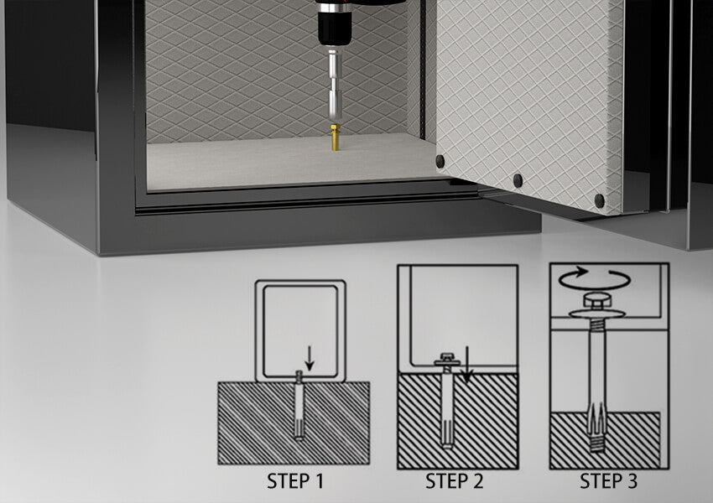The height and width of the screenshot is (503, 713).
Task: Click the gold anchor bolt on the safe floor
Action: coord(336,137)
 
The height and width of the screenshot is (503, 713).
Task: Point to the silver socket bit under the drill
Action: coord(335,85)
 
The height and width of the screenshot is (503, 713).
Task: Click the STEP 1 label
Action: coord(295,481)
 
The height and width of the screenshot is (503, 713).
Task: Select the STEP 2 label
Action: coord(454,481)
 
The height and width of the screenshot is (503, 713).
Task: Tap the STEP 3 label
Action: coord(608,480)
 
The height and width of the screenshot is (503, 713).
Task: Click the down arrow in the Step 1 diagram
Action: coord(310,358)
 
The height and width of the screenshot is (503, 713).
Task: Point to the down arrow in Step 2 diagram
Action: coord(466,365)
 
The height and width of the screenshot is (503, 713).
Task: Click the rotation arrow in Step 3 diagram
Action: coord(595,278)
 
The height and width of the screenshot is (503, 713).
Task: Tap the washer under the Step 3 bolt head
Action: coord(597,314)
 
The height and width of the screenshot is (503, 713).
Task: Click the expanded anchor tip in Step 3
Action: coord(597,428)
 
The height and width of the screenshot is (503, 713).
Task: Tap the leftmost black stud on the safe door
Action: coord(440,161)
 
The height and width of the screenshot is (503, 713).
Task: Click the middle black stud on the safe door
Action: coord(518,180)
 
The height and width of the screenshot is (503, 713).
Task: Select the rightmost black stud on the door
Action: coord(599,200)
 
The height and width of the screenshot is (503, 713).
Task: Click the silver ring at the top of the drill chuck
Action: coord(334,8)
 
